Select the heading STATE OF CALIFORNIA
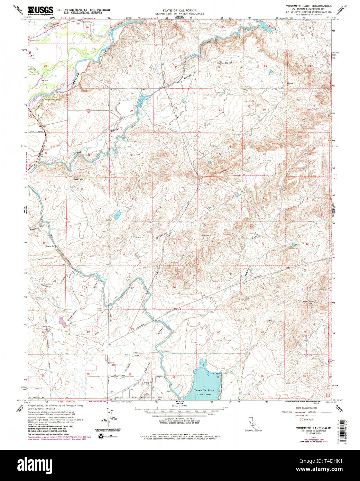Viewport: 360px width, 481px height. click(x=179, y=11)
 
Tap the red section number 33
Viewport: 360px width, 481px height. click(x=175, y=155)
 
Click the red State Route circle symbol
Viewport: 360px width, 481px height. click(x=301, y=419)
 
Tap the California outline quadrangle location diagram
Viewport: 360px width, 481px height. click(x=254, y=423)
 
